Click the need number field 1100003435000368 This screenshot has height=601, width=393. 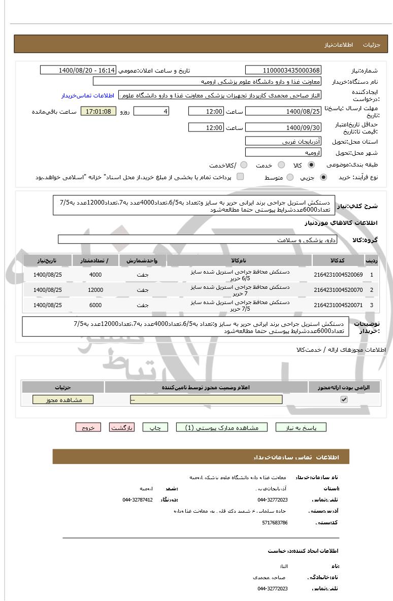point(283,70)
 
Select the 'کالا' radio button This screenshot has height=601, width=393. point(311,165)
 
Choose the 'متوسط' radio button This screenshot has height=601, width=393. point(290,177)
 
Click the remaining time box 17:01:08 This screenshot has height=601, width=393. point(99,111)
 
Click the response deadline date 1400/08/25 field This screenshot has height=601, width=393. point(283,111)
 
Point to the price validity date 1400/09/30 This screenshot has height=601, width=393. point(283,127)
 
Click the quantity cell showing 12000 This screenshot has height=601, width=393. point(95,290)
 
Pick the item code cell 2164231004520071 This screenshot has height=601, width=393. point(338,305)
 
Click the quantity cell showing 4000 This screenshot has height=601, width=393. point(95,275)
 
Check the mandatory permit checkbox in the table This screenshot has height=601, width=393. point(344,399)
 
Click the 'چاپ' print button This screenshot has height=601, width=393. point(155,427)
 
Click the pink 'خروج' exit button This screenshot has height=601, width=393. point(88,427)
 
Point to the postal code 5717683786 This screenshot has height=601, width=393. point(275,522)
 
